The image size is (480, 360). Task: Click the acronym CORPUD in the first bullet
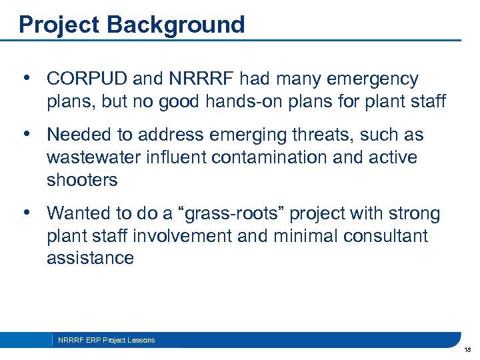coord(87,79)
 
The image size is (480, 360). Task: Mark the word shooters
coord(82,181)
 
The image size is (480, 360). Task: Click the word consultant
coord(390,237)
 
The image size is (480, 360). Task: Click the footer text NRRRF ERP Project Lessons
coord(107,340)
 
